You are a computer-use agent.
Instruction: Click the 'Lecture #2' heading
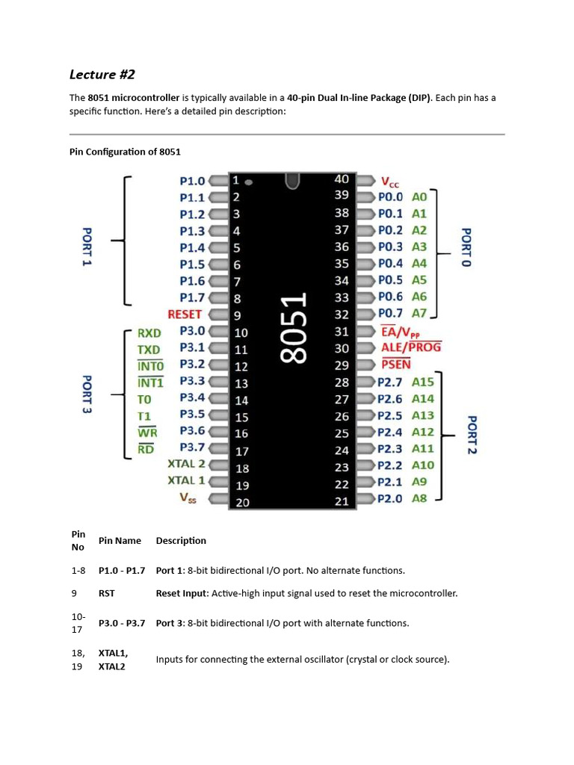tap(102, 74)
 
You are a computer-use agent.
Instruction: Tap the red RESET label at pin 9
tap(185, 315)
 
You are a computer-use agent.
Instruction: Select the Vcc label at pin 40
tap(390, 182)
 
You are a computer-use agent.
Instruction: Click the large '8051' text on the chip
tap(294, 329)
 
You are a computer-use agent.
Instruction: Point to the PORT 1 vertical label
tap(86, 248)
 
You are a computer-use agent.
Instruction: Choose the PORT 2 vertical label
tap(472, 435)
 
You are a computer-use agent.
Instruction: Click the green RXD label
tap(149, 333)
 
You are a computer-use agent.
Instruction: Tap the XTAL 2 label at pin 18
tap(186, 464)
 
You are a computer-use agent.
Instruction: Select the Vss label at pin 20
tap(188, 498)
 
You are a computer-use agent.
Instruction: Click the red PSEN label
tap(396, 365)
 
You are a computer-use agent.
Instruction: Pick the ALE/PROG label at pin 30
tap(411, 347)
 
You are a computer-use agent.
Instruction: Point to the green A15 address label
tap(422, 382)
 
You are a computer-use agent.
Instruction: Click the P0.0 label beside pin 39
tap(390, 197)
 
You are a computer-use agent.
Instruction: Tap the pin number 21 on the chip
tap(342, 501)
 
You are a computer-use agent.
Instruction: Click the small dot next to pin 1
tap(249, 182)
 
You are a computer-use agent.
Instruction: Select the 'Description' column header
tap(181, 540)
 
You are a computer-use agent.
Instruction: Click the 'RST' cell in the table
tap(107, 593)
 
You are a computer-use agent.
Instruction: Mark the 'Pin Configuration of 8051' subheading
tap(125, 152)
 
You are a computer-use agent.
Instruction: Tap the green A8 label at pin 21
tap(419, 498)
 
